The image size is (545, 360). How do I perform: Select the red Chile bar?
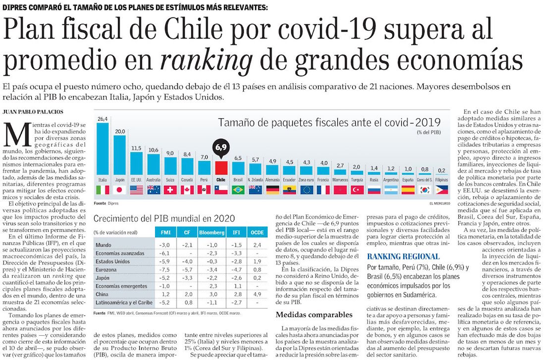220,167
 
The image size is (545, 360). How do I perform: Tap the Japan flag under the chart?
119,190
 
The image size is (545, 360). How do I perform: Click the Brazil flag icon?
238,190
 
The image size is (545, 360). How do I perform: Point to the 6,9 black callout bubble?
220,148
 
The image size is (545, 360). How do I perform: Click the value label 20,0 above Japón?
120,131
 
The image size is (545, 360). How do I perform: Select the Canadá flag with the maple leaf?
187,190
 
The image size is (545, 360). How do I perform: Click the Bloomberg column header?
212,232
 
